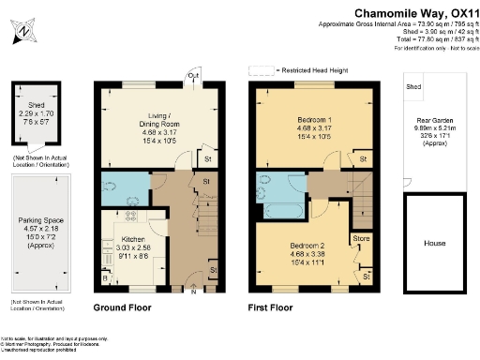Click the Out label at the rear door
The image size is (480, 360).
(x=192, y=76)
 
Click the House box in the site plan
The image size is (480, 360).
(x=434, y=243)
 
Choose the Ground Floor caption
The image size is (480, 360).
(x=124, y=307)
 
